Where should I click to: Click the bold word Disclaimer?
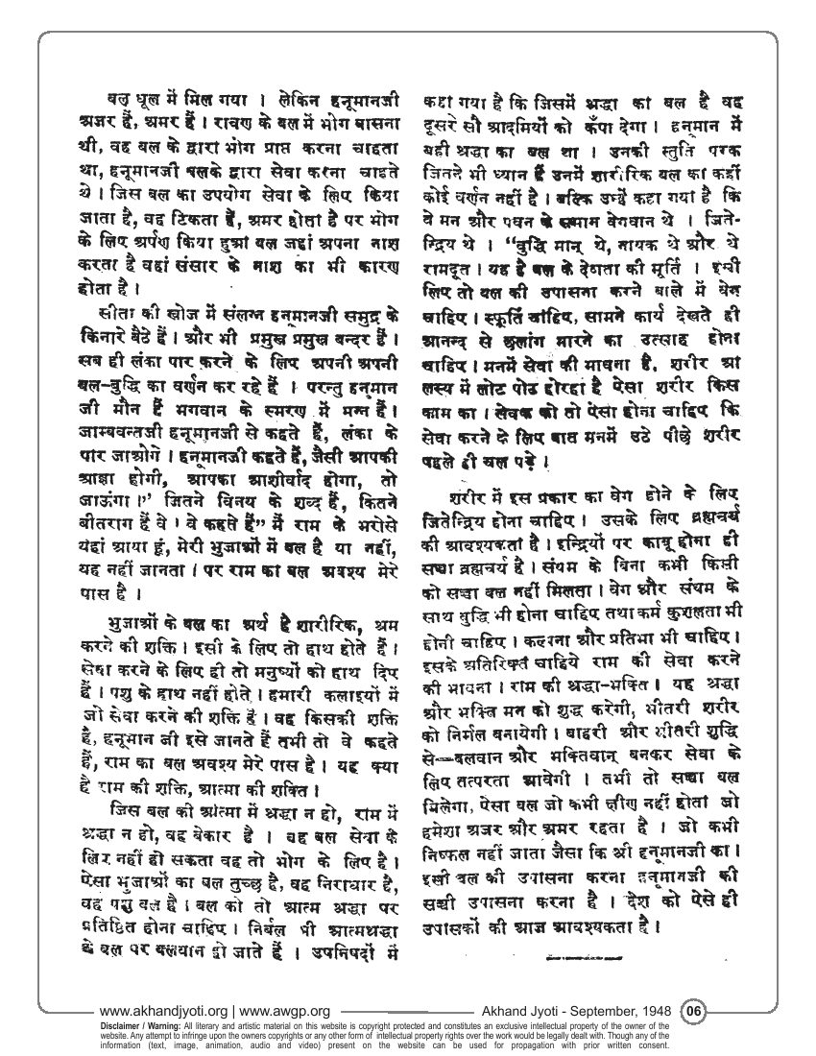point(114,1022)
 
